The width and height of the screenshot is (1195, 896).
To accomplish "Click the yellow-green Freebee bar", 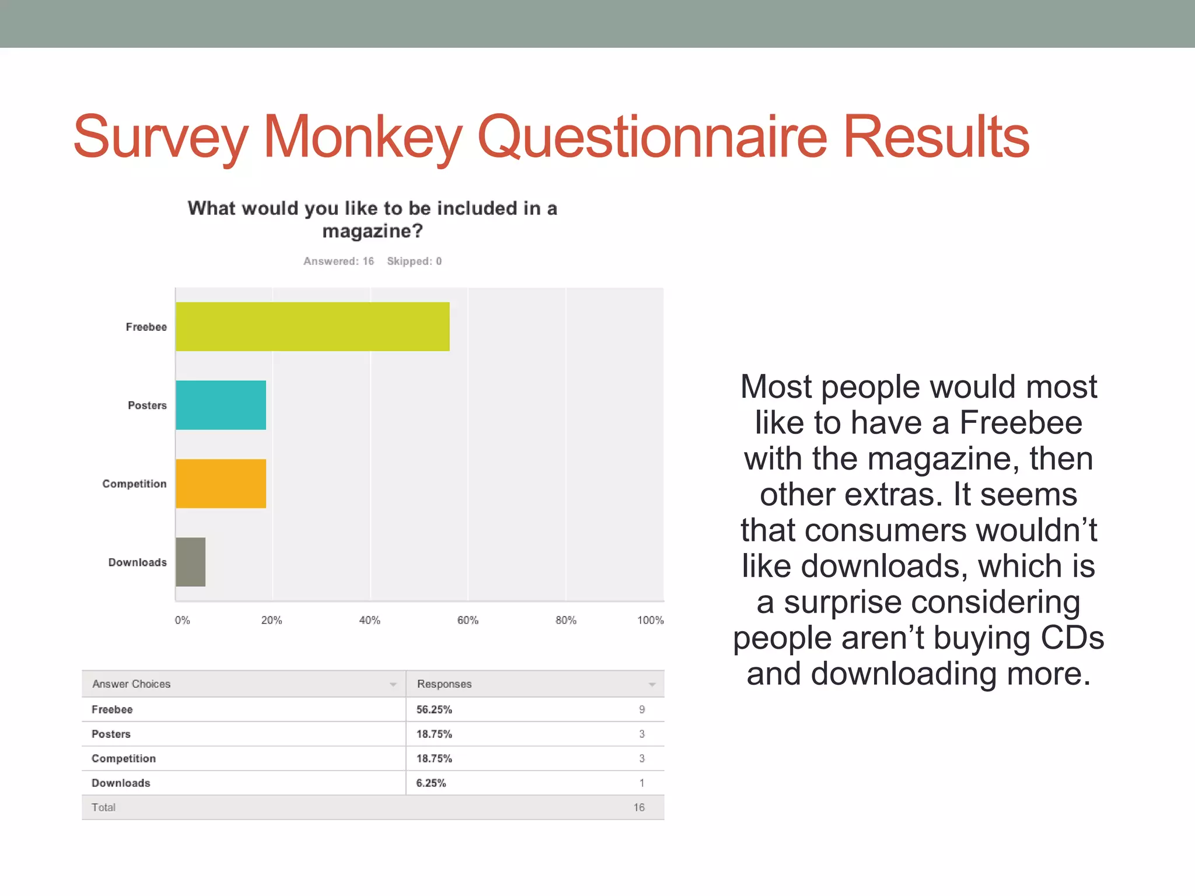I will pyautogui.click(x=312, y=327).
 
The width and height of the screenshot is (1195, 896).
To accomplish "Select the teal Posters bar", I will pyautogui.click(x=221, y=405).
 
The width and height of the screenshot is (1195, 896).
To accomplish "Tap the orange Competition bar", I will pyautogui.click(x=221, y=484).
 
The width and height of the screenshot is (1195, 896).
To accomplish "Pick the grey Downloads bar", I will pyautogui.click(x=191, y=562).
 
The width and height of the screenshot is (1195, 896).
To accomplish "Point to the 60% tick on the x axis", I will pyautogui.click(x=467, y=620).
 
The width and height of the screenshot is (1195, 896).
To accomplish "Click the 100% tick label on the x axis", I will pyautogui.click(x=650, y=620).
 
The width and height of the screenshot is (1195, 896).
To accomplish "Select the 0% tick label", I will pyautogui.click(x=182, y=620).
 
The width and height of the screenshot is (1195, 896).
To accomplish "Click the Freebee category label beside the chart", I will pyautogui.click(x=146, y=327).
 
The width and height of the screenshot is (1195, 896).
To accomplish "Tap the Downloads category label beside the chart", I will pyautogui.click(x=137, y=562).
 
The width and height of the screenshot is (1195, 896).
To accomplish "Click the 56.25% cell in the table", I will pyautogui.click(x=434, y=710).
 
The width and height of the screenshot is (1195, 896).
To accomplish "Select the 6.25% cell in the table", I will pyautogui.click(x=431, y=783).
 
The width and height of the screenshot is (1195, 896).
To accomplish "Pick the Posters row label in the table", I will pyautogui.click(x=111, y=734).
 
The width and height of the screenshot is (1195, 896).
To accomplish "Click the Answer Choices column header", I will pyautogui.click(x=131, y=684).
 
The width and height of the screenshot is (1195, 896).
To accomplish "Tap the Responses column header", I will pyautogui.click(x=444, y=684).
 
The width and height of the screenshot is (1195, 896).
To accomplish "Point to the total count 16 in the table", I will pyautogui.click(x=639, y=808).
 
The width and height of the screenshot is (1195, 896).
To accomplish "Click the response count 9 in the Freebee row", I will pyautogui.click(x=642, y=710).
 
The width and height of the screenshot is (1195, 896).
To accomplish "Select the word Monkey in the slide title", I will pyautogui.click(x=363, y=137).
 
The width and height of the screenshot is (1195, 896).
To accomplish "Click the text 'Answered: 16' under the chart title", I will pyautogui.click(x=338, y=261).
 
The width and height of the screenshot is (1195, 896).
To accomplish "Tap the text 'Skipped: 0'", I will pyautogui.click(x=414, y=261).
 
